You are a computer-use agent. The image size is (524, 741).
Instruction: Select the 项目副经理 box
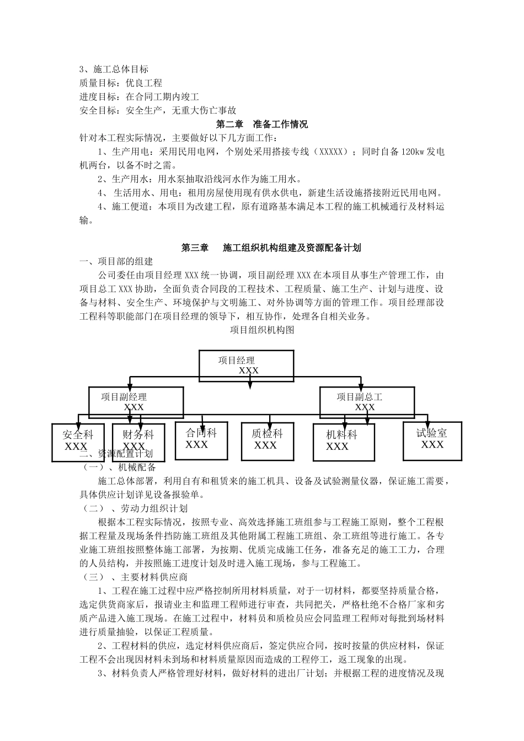(136, 401)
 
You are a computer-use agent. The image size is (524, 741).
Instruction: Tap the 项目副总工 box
(367, 401)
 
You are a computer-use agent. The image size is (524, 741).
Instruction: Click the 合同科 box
(201, 439)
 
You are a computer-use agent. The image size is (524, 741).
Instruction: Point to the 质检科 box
(267, 440)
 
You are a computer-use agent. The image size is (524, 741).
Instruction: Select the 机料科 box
(341, 441)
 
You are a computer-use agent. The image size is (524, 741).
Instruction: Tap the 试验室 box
(432, 439)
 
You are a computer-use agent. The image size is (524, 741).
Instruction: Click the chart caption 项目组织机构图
(262, 330)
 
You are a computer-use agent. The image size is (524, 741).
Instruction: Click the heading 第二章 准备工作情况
(262, 125)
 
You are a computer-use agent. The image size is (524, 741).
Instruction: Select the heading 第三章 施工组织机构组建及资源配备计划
(271, 248)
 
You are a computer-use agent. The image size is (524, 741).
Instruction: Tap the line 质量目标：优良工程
(121, 83)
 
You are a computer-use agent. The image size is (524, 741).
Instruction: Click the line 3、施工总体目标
(114, 69)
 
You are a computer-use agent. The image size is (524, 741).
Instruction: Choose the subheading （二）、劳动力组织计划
(135, 508)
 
